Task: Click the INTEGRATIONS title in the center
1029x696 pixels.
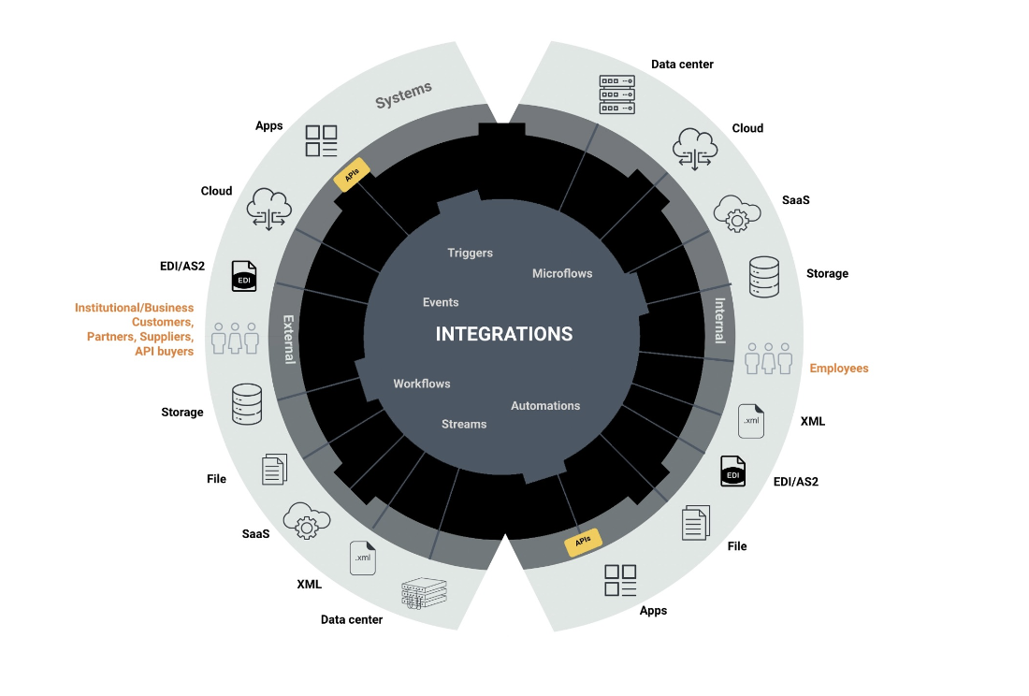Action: [x=504, y=334]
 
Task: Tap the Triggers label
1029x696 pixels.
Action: [x=470, y=253]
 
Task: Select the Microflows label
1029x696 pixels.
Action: [x=562, y=273]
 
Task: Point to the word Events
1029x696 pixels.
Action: [x=441, y=302]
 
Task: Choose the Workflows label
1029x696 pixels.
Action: [x=422, y=384]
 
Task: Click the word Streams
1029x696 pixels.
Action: [x=464, y=424]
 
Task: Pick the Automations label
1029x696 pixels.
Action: [x=545, y=405]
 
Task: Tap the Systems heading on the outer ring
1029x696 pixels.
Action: [x=404, y=94]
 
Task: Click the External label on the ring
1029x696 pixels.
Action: [x=289, y=339]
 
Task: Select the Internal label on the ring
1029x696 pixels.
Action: [x=720, y=320]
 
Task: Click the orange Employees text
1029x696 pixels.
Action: [x=839, y=369]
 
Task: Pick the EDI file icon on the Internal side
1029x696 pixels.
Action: [x=732, y=471]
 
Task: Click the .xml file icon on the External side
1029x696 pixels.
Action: [x=362, y=558]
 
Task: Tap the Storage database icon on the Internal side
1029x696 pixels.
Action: [x=770, y=276]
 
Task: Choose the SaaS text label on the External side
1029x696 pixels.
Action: [x=255, y=533]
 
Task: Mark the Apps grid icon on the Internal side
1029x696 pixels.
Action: [x=620, y=580]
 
